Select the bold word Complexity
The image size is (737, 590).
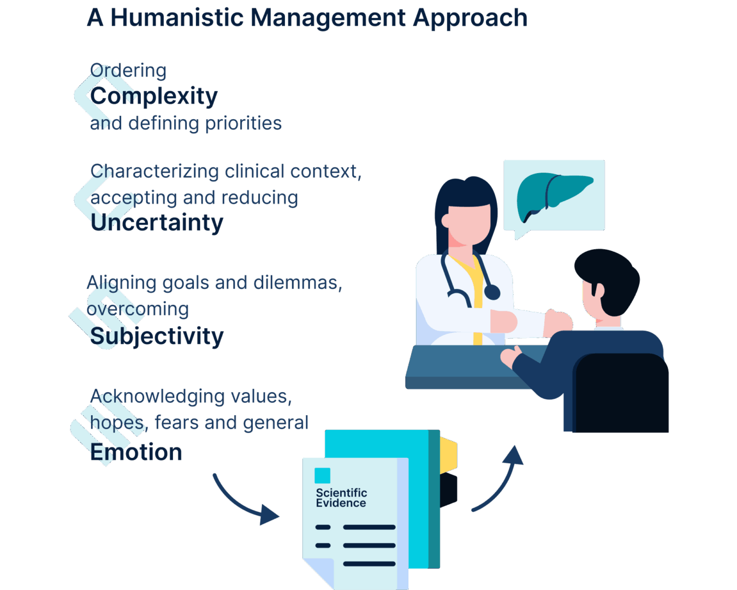(x=154, y=97)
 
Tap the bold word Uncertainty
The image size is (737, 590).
(x=157, y=223)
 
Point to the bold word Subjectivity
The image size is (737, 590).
(x=157, y=337)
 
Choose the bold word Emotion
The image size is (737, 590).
(x=136, y=452)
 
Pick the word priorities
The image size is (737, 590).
(x=243, y=124)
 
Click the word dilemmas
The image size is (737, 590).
(x=298, y=283)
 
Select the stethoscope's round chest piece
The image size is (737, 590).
(x=492, y=292)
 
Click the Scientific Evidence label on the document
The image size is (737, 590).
(x=341, y=498)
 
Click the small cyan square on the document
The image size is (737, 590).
(x=322, y=475)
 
